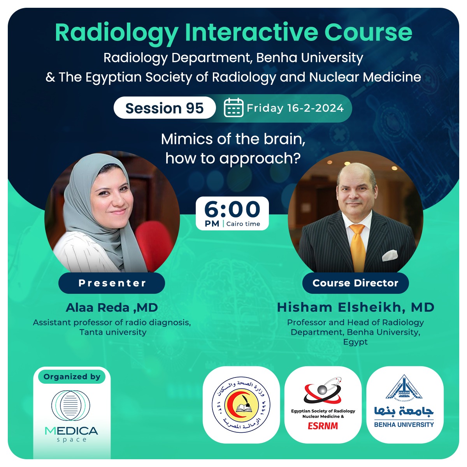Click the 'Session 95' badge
coord(164,108)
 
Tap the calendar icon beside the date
coord(233,108)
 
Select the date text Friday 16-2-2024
coord(295,108)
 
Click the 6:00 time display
coord(232,209)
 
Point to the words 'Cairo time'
coord(243,224)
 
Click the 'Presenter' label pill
coord(112,283)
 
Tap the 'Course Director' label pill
coord(355,283)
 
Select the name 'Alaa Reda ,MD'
coord(112,307)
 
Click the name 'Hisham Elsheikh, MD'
coord(355,307)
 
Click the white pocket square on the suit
coord(390,255)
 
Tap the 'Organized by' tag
coord(72,377)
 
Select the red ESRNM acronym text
coord(323,426)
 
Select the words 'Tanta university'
coord(113,332)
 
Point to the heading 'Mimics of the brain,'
coord(233,139)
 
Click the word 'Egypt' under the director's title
coord(355,342)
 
